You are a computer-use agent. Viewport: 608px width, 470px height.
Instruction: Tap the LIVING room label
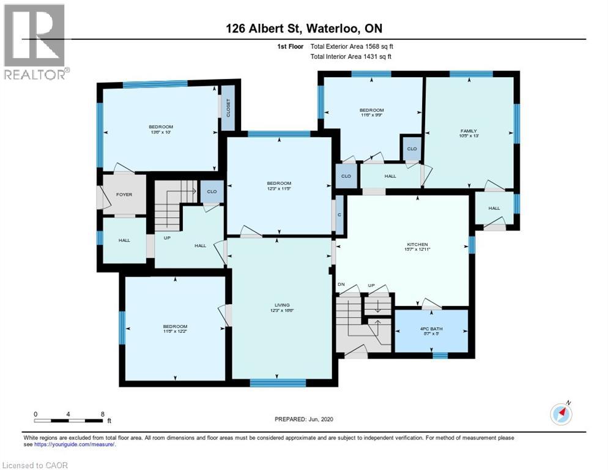coord(281,305)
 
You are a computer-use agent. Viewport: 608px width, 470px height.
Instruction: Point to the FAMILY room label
coord(469,130)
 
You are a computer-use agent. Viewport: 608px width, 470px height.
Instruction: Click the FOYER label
coord(124,195)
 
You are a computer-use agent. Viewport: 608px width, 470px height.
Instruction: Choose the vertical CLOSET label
coord(228,108)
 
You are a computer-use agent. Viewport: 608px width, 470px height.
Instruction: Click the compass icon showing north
coord(561,414)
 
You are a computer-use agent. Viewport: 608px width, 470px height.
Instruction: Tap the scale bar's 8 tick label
coord(102,414)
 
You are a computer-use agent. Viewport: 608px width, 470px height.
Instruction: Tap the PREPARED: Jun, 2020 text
coord(303,419)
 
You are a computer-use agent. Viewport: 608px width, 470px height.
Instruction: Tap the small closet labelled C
coord(339,215)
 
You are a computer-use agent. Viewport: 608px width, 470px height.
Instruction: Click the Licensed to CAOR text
coord(35,465)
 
